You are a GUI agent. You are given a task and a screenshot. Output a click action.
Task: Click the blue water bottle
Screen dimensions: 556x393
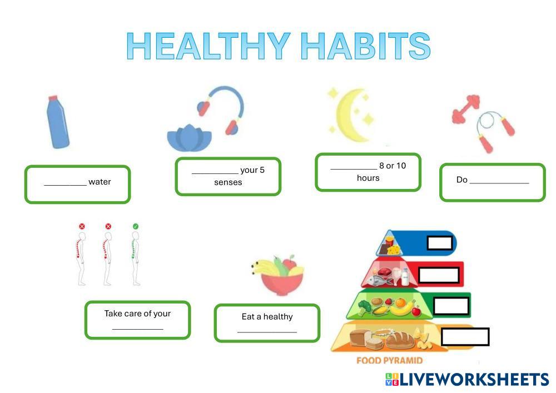pos(58,122)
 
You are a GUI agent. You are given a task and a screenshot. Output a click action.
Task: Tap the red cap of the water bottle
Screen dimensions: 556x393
pos(53,98)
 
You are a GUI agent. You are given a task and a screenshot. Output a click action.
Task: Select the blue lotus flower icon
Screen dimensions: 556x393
pos(190,138)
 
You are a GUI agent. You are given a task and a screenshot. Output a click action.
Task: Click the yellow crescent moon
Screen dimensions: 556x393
pos(351,115)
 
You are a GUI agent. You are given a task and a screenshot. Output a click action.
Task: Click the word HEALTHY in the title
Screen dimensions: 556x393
pos(209,46)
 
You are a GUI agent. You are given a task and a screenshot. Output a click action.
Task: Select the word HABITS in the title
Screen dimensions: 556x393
pos(366,46)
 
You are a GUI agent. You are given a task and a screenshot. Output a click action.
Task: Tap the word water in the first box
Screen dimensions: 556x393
pos(100,182)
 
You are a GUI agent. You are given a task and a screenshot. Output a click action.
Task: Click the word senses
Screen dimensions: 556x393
pos(228,182)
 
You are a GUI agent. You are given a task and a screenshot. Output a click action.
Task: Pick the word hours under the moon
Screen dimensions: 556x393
pos(368,178)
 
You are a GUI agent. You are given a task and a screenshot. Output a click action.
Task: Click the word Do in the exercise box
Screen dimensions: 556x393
pos(461,180)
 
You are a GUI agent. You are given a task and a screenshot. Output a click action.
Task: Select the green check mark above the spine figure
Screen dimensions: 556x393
pos(136,226)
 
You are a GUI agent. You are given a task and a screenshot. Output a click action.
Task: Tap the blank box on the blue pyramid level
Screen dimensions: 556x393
pos(440,243)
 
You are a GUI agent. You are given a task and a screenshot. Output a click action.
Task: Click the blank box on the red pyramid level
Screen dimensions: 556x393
pos(439,275)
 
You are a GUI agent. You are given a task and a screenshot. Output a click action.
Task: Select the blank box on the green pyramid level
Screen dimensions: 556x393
pos(451,306)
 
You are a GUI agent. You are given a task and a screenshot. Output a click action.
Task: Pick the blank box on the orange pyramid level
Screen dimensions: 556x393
pos(465,337)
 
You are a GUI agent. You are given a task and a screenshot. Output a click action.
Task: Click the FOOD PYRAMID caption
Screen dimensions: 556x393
pos(389,360)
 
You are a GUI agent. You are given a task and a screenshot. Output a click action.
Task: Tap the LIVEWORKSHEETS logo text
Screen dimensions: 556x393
pos(474,380)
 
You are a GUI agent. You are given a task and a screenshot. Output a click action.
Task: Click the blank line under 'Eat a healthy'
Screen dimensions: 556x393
pos(267,332)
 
